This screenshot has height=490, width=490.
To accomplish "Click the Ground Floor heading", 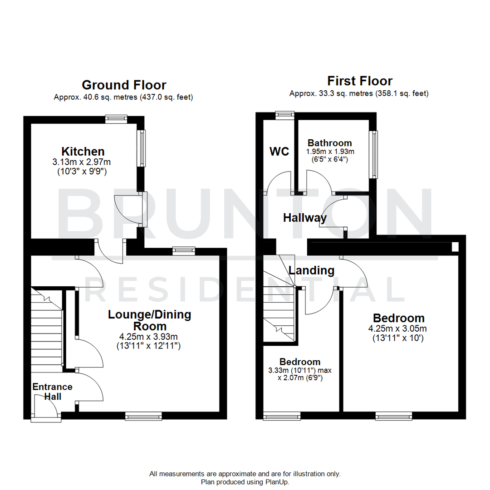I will [123, 85].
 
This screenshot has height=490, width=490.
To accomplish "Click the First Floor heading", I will [359, 81].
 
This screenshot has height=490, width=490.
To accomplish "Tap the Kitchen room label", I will [83, 151].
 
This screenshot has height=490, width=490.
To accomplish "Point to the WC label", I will [279, 152].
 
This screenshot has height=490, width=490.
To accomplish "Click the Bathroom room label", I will [329, 143].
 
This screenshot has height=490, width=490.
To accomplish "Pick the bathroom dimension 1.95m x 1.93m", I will [329, 152].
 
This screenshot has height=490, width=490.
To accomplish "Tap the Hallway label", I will [305, 218].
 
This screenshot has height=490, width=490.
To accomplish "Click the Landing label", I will [312, 270].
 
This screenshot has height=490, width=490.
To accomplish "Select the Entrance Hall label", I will [52, 392].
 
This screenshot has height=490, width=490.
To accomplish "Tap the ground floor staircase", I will [47, 331].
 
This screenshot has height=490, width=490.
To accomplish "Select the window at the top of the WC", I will [285, 114].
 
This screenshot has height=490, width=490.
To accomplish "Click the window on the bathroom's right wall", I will [373, 154].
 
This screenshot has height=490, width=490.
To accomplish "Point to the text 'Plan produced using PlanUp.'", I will [245, 481].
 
